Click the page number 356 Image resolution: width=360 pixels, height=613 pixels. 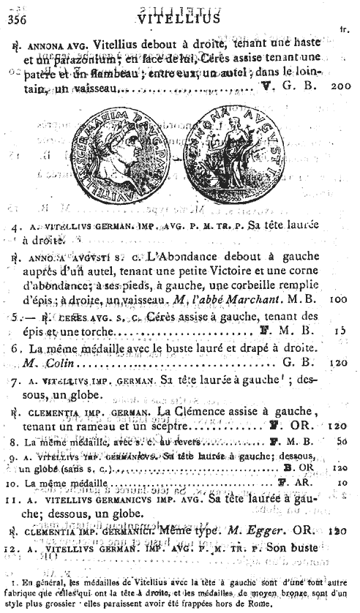click(15, 19)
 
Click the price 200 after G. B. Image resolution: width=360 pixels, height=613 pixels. click(341, 86)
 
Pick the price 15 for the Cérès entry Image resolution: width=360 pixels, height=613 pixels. click(339, 330)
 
